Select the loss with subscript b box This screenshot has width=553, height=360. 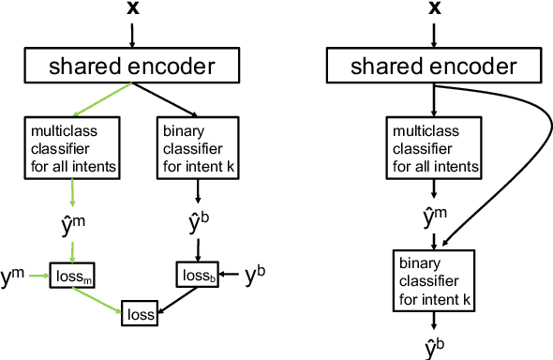pos(195,276)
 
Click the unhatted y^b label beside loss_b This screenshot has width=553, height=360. pos(254,276)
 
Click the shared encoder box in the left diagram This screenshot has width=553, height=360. pos(131,66)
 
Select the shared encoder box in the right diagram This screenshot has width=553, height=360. pos(433,66)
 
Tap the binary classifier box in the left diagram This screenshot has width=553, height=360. pos(199,147)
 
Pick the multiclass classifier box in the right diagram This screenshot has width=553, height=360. pos(433,147)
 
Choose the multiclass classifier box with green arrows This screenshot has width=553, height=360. pos(74,147)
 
